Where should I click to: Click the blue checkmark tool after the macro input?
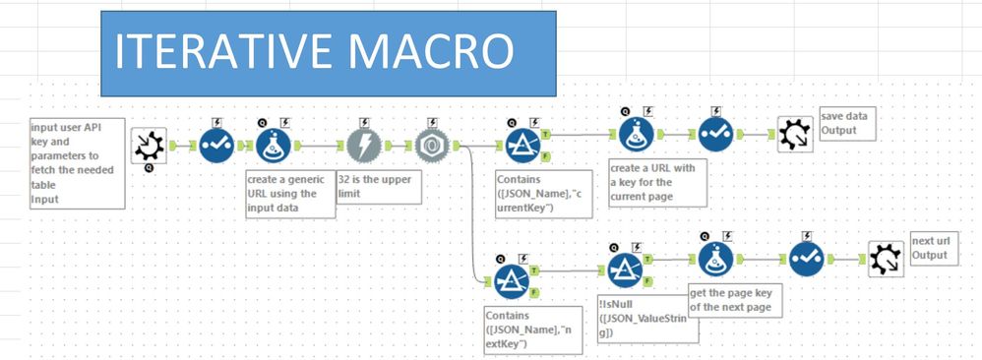coord(215,146)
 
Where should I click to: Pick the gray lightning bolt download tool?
coord(363,146)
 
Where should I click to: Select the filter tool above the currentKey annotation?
coord(522,146)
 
